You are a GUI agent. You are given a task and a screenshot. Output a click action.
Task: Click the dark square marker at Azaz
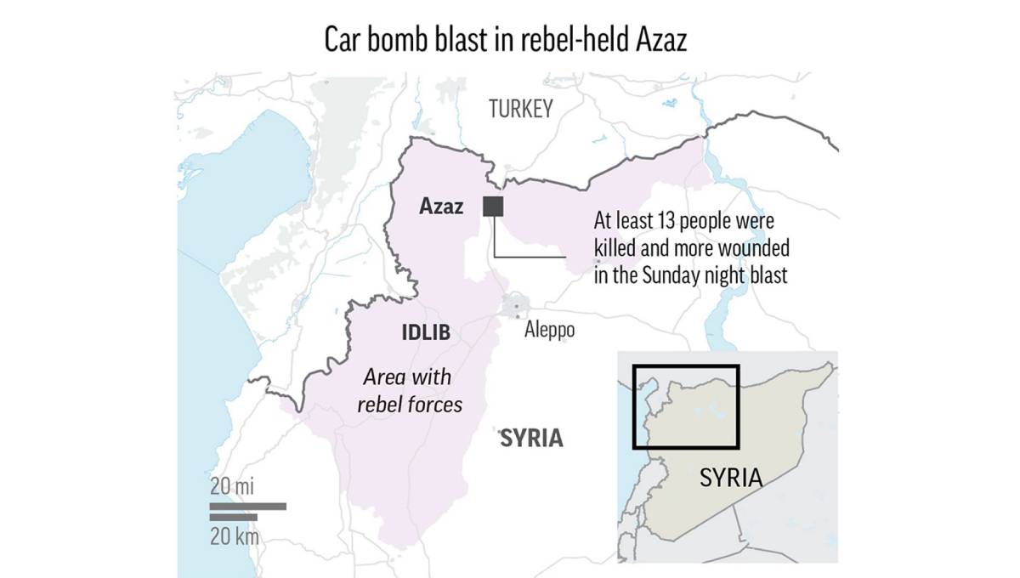(492, 206)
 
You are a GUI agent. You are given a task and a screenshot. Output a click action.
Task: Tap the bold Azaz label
(442, 207)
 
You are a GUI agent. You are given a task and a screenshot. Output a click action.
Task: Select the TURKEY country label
(520, 109)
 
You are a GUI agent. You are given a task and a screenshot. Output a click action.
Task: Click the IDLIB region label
(425, 332)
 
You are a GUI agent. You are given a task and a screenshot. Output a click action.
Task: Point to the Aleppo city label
(549, 330)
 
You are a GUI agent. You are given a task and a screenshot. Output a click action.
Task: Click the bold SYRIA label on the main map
(531, 438)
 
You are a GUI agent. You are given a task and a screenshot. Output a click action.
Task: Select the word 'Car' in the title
(343, 41)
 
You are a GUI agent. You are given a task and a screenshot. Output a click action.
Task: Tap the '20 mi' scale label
(232, 487)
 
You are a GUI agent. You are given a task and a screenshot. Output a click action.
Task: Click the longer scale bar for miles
(247, 506)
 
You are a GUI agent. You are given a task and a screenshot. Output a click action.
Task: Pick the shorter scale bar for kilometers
(233, 517)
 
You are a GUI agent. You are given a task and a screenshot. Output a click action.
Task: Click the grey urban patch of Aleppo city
(517, 305)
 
